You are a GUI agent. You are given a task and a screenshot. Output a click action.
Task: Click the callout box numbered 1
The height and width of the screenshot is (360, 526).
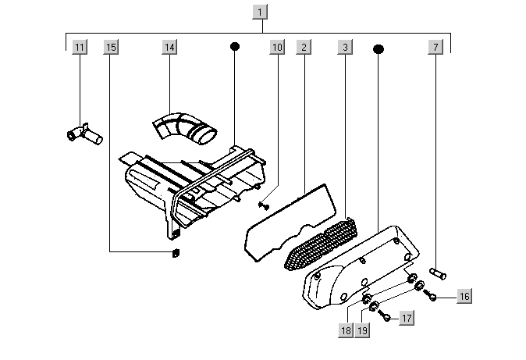(x=260, y=12)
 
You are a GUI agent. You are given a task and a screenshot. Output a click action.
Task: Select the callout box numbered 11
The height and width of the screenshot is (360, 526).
(x=80, y=47)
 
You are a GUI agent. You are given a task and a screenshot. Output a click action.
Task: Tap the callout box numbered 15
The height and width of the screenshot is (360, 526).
(x=111, y=47)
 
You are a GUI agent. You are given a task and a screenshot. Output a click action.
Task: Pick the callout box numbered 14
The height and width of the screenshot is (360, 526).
(x=170, y=47)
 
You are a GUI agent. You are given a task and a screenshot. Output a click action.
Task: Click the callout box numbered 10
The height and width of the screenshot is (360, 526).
(x=277, y=47)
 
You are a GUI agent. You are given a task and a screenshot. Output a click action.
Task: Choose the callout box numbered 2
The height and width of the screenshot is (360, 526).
(x=304, y=47)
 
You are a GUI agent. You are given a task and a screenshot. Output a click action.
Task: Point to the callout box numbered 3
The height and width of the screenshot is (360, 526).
(x=346, y=47)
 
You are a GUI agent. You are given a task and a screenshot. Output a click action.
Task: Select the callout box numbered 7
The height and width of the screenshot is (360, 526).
(x=435, y=47)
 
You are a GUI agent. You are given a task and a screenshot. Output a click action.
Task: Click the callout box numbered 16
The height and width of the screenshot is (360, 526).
(x=464, y=296)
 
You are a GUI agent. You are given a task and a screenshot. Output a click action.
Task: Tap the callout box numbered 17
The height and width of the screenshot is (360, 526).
(x=407, y=318)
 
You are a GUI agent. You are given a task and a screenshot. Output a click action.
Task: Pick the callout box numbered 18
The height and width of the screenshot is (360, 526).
(x=346, y=330)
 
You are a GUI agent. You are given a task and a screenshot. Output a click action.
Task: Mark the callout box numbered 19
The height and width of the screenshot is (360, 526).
(x=362, y=330)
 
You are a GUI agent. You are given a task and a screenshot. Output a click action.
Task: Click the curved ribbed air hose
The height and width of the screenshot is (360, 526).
(x=184, y=127)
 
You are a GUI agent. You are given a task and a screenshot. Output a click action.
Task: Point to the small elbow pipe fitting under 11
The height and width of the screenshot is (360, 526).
(x=84, y=134)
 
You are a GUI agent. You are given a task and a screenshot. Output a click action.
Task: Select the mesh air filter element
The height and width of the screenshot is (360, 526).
(x=321, y=244)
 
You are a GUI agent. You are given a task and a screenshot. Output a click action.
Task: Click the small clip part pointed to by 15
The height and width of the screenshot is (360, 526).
(x=176, y=253)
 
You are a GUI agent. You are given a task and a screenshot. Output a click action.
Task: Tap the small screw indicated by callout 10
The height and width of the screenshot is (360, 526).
(x=264, y=205)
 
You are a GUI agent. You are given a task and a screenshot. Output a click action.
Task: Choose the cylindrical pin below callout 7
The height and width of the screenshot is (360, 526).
(x=438, y=273)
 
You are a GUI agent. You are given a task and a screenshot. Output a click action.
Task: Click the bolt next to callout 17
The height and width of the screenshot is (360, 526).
(x=384, y=315)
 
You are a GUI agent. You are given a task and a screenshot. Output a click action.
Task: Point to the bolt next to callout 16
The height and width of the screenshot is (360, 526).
(x=430, y=294)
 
